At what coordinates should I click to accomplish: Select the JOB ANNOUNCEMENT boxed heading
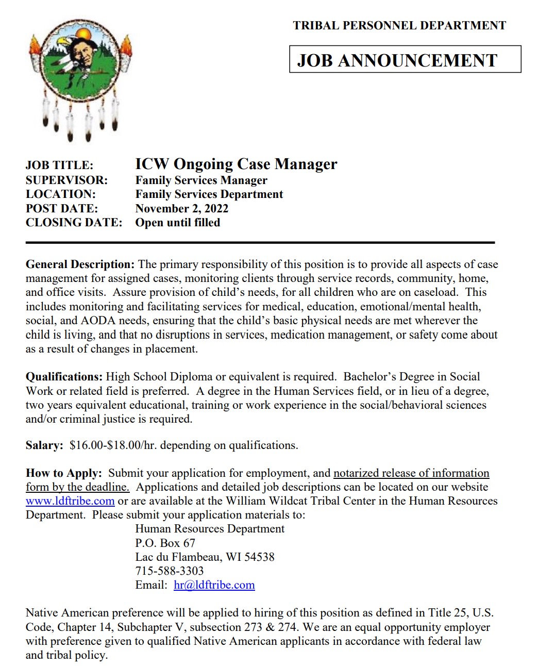coord(397,60)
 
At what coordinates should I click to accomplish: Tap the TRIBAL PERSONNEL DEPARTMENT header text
coord(399,25)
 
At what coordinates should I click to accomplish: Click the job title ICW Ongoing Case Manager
coord(236,164)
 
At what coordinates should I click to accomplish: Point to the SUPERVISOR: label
coord(66,180)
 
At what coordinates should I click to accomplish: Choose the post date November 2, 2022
coord(181,208)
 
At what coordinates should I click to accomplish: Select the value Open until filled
coord(177,223)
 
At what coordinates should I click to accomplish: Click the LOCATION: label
coord(61,194)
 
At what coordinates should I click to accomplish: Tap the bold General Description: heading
coord(80,264)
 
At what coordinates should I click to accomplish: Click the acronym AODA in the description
coord(98,321)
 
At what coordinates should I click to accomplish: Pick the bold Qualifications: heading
coord(64,377)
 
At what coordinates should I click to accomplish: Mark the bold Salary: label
coord(44,445)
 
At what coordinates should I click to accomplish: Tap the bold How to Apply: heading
coord(64,473)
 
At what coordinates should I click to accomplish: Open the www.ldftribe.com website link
coord(70,501)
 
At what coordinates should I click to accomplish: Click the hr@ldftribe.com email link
coord(214,585)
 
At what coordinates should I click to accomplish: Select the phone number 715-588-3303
coord(169,571)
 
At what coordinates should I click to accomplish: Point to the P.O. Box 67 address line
coord(165,543)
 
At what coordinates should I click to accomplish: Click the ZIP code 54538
coord(259,557)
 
